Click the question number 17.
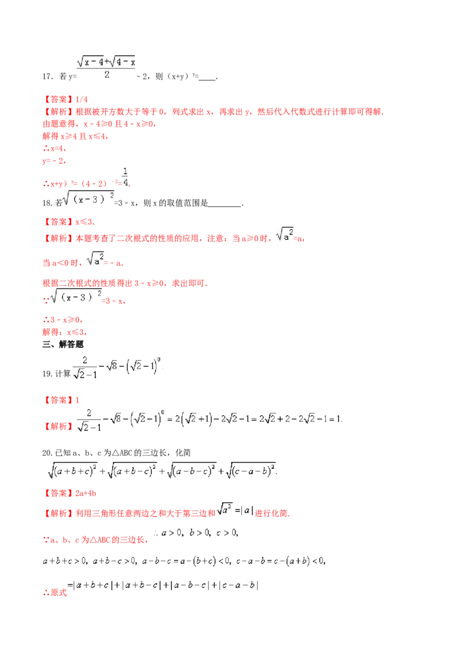tap(47, 76)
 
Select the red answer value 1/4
tap(81, 99)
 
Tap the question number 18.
tap(47, 203)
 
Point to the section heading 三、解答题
tap(63, 345)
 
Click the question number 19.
tap(47, 374)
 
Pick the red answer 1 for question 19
tap(77, 400)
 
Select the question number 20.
tap(47, 453)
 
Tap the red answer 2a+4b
tap(86, 493)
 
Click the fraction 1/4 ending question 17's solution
tap(125, 177)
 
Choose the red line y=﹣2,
tap(54, 161)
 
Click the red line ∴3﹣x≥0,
tap(62, 319)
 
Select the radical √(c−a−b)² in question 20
tap(251, 470)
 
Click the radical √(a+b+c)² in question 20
tap(72, 470)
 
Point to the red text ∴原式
tap(55, 592)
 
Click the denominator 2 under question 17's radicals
tap(107, 75)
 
